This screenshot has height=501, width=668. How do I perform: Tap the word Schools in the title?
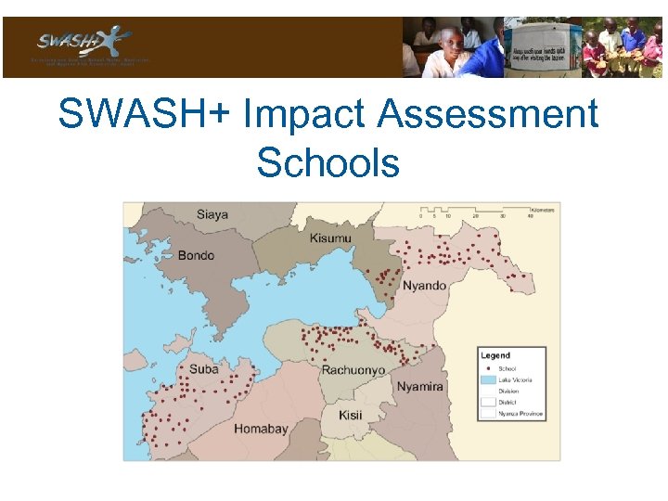point(328,162)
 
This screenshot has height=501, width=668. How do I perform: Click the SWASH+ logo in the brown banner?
point(83,43)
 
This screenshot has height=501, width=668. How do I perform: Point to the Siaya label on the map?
point(213,215)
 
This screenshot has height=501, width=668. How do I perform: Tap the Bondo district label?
point(196,255)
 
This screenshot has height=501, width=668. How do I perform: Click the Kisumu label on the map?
point(331,238)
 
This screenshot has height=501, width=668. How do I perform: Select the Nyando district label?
point(424,286)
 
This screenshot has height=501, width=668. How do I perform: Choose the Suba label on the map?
point(203,369)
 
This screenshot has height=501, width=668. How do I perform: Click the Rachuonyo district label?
point(353,370)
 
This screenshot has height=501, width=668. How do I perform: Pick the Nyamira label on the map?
point(419,387)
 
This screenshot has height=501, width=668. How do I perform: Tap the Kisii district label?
point(350,415)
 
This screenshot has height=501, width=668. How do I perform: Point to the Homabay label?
point(261,429)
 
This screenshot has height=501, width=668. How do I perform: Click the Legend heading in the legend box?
point(495,355)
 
